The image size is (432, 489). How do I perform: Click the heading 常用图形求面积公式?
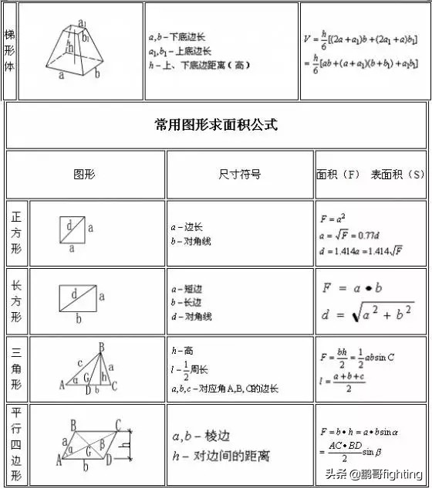pos(216,124)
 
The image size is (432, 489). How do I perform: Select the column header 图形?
pos(84,175)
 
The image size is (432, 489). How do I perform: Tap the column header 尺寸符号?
pos(240,175)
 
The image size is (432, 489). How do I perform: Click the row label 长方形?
pos(16,301)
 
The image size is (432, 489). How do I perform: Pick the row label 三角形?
pos(16,368)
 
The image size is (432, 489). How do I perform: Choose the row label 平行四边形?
pos(16,444)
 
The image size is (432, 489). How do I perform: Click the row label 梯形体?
pos(9,50)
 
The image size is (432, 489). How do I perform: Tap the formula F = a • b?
pos(353,287)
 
